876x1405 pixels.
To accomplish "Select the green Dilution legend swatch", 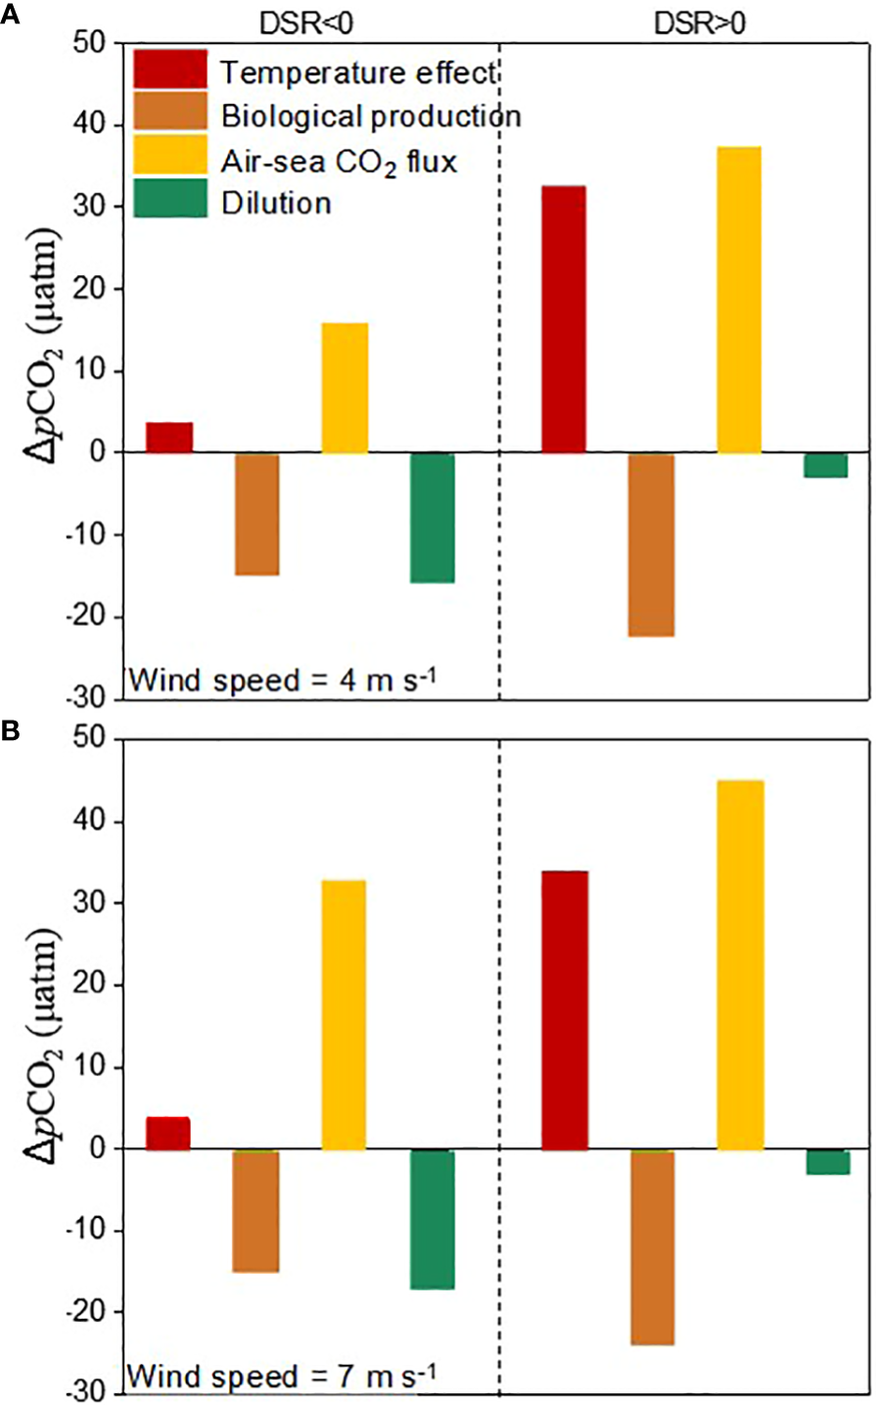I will pyautogui.click(x=170, y=199).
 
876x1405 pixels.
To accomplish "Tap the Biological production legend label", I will pyautogui.click(x=371, y=116).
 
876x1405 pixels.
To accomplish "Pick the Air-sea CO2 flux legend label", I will pyautogui.click(x=339, y=160).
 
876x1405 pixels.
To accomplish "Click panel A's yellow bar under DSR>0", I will pyautogui.click(x=739, y=300).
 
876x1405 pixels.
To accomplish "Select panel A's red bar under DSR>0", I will pyautogui.click(x=563, y=319).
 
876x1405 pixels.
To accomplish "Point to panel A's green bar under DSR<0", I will pyautogui.click(x=433, y=518).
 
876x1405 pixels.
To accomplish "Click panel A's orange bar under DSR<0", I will pyautogui.click(x=257, y=514).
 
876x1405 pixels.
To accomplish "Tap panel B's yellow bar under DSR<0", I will pyautogui.click(x=344, y=1014).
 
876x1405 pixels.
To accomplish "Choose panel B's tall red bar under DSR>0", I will pyautogui.click(x=564, y=1009).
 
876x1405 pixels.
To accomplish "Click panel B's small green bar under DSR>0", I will pyautogui.click(x=827, y=1161).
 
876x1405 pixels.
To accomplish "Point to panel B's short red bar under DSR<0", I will pyautogui.click(x=168, y=1133).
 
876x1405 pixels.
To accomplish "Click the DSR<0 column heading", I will pyautogui.click(x=308, y=23).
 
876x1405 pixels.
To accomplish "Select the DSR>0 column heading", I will pyautogui.click(x=699, y=23).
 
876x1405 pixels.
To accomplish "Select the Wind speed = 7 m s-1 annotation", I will pyautogui.click(x=282, y=1377).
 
